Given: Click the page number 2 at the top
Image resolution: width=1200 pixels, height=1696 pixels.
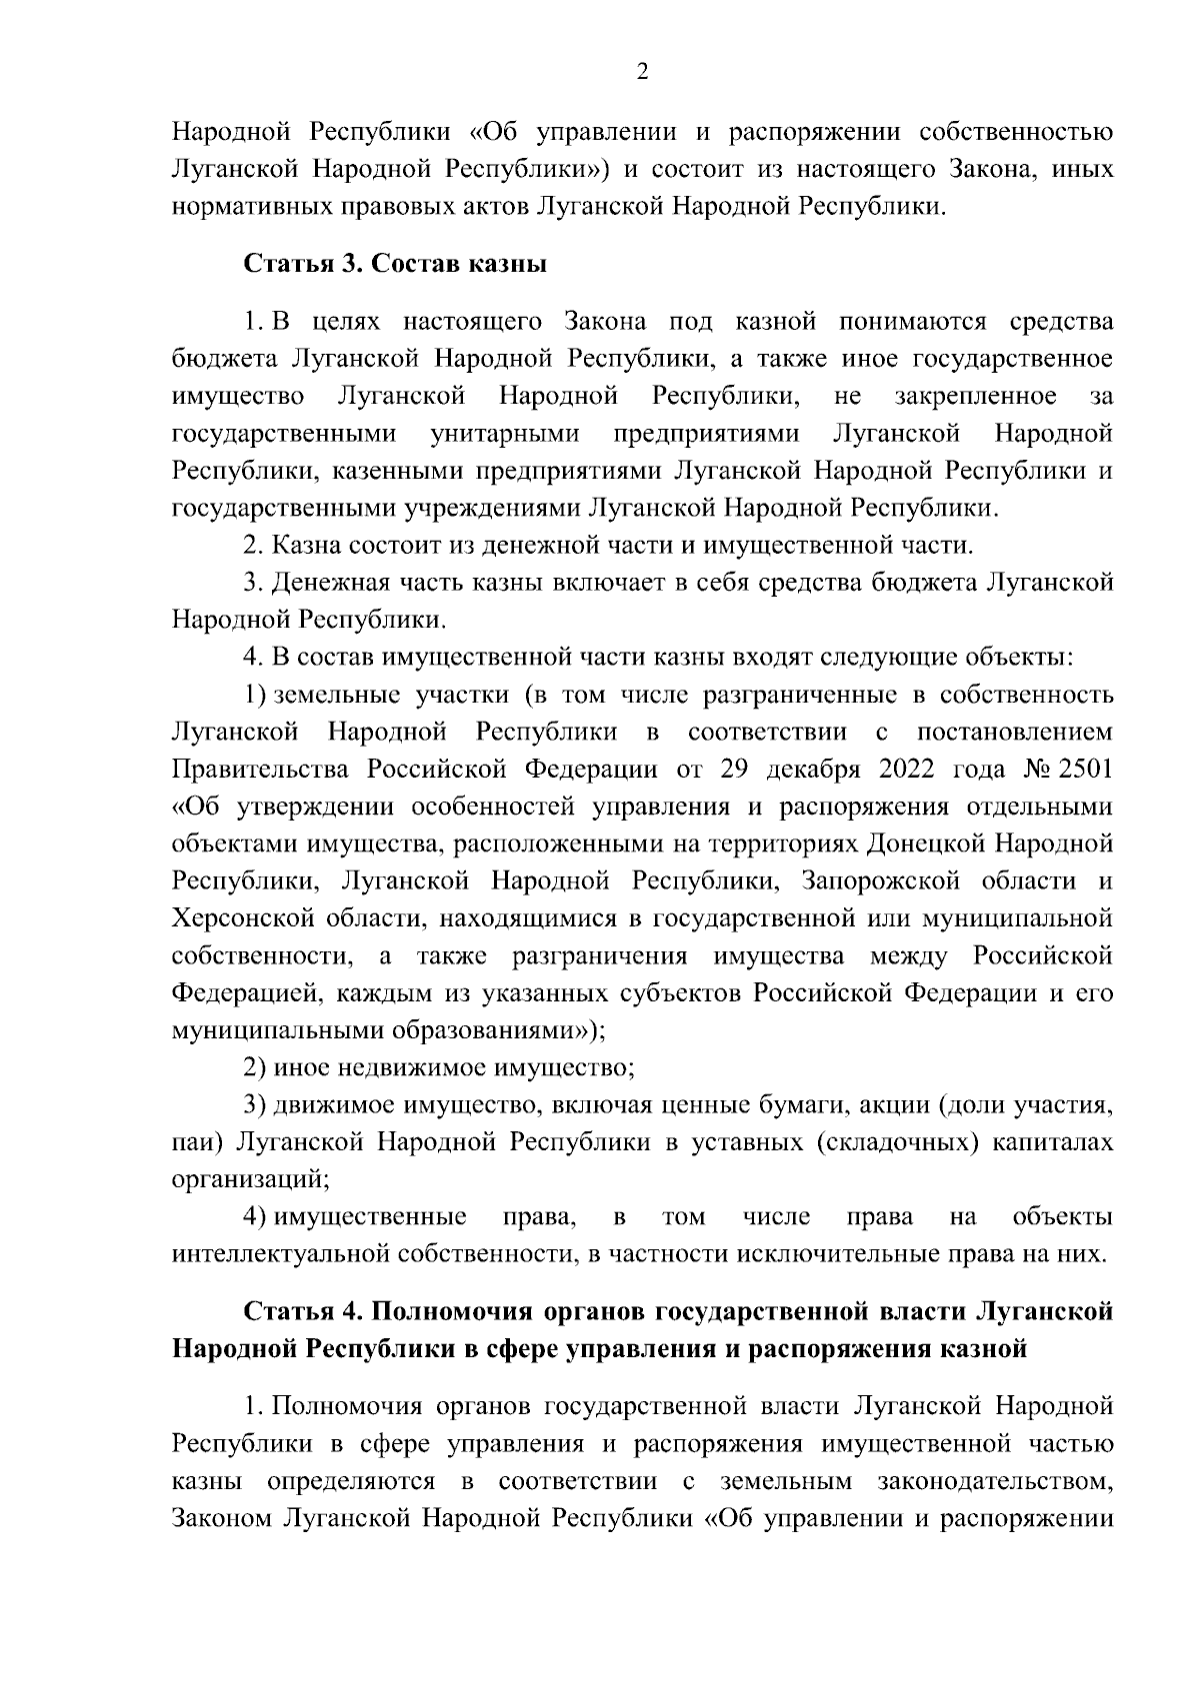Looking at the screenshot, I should point(642,72).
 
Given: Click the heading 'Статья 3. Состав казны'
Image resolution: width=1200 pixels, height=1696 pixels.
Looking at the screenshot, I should point(395,265).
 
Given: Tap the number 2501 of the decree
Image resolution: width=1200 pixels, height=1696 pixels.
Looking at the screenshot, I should point(1082,770).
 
